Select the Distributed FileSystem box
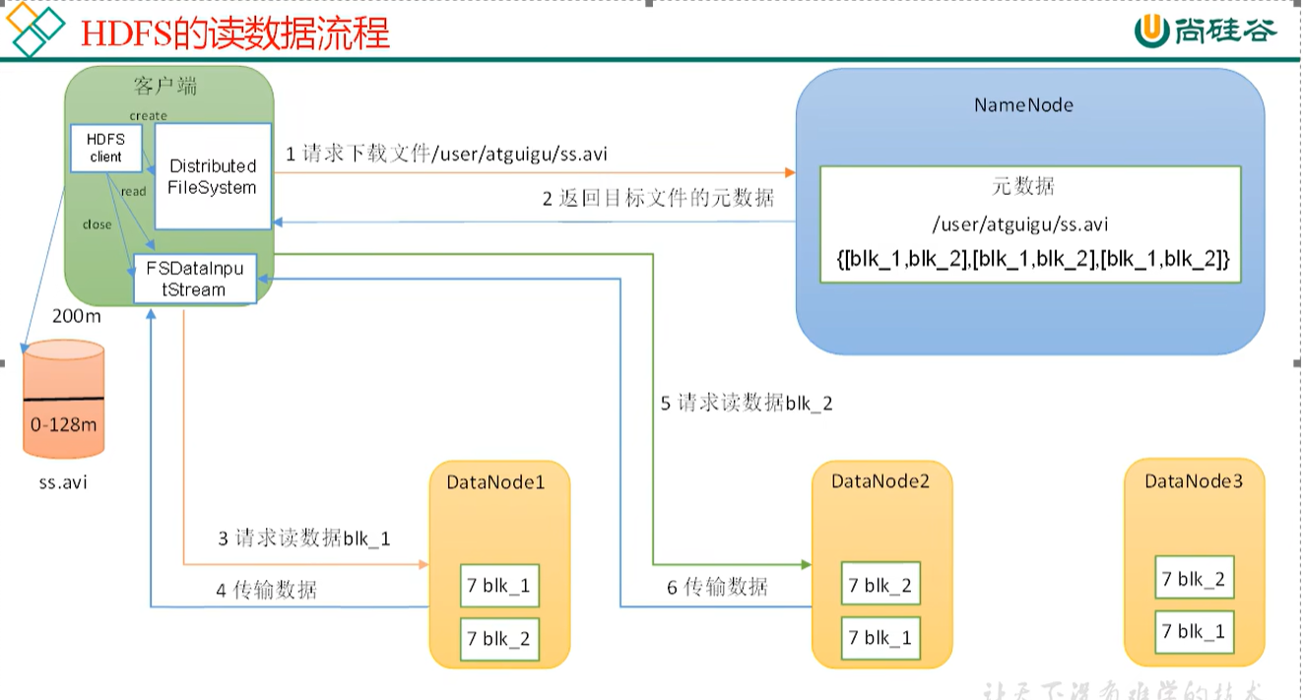coord(213,176)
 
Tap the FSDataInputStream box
coord(194,279)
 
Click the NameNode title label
coord(1023,104)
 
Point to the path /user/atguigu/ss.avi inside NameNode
coord(1029,224)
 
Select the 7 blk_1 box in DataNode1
coord(500,586)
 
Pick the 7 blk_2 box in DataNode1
coord(500,639)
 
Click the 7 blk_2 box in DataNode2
coord(880,586)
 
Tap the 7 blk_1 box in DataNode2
coord(880,637)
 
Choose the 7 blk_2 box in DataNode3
coord(1193,579)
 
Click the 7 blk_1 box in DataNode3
coord(1193,631)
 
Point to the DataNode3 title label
coord(1193,480)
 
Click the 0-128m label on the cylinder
coord(63,425)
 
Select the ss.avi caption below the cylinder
coord(63,484)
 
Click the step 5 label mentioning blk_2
coord(747,403)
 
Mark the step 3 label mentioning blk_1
coord(304,539)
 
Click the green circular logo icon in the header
coord(1149,31)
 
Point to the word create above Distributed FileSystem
coord(149,116)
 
